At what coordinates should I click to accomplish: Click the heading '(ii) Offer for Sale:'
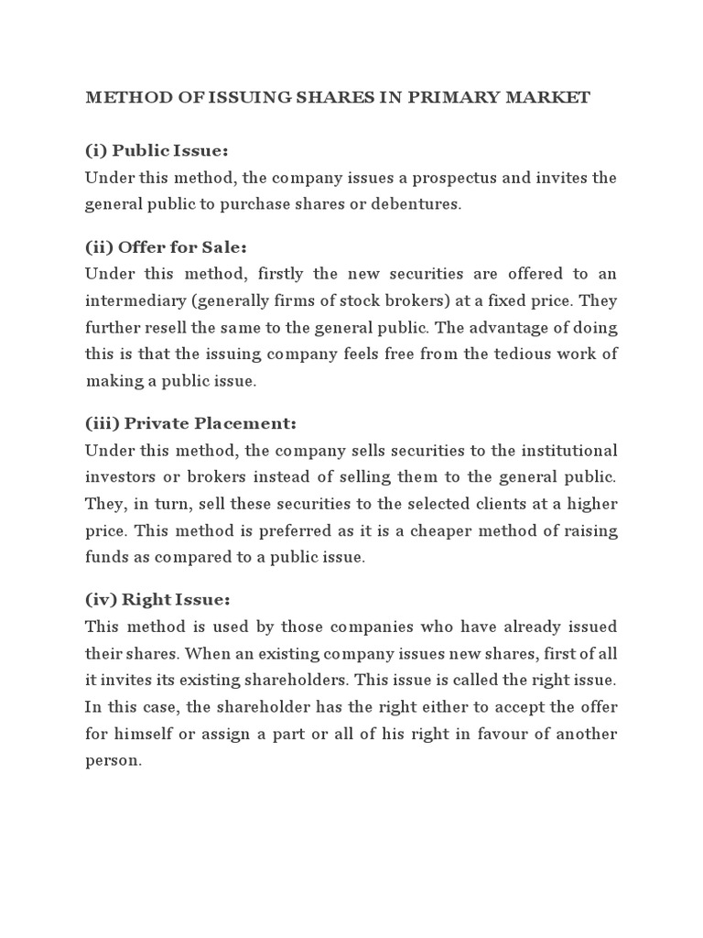tap(167, 247)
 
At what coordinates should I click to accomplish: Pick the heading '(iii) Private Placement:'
tap(191, 423)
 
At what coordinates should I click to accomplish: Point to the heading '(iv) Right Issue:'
tap(157, 600)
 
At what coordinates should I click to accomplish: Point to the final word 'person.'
tap(114, 760)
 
